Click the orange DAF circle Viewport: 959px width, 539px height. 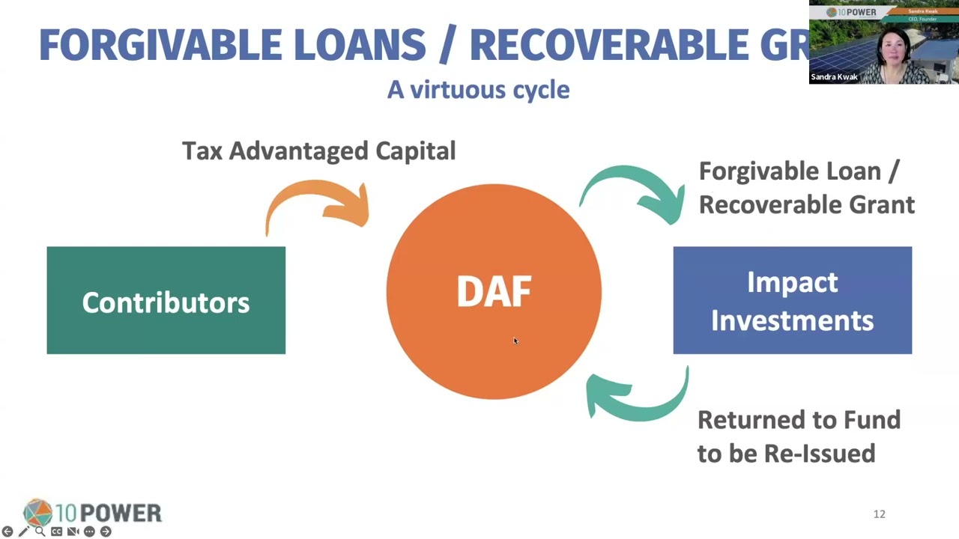point(494,292)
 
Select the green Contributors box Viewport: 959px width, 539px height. point(166,300)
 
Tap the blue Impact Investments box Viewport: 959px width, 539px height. point(792,300)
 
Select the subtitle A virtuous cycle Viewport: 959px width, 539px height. point(478,90)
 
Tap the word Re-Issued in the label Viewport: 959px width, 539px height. point(819,454)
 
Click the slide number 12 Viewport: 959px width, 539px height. point(879,514)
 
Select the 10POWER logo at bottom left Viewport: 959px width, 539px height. point(92,513)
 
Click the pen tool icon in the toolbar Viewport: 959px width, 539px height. point(23,532)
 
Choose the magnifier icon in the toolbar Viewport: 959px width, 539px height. point(40,532)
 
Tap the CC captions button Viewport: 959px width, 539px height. point(56,532)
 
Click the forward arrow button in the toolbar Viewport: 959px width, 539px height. point(106,532)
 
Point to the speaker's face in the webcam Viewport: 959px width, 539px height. point(896,49)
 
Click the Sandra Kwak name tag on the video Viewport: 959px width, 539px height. point(834,77)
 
